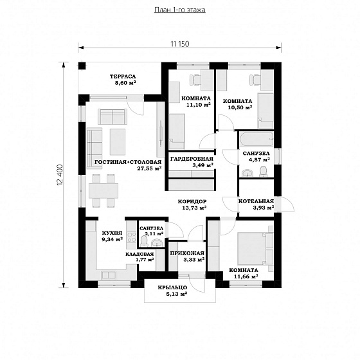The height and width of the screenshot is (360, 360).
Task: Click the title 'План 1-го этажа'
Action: pyautogui.click(x=180, y=10)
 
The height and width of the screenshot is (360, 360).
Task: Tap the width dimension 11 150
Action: pyautogui.click(x=180, y=44)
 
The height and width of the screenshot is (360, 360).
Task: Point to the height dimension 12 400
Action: pyautogui.click(x=60, y=174)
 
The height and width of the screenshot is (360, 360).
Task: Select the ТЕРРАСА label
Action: pyautogui.click(x=123, y=76)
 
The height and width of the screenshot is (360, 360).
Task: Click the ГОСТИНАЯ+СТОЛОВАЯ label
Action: pyautogui.click(x=128, y=162)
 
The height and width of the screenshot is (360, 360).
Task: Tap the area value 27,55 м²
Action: pyautogui.click(x=149, y=168)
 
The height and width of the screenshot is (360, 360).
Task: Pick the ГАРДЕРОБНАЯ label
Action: pyautogui.click(x=192, y=159)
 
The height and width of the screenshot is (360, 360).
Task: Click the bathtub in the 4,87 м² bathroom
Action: pyautogui.click(x=256, y=139)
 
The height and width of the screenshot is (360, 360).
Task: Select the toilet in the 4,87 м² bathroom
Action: pyautogui.click(x=263, y=171)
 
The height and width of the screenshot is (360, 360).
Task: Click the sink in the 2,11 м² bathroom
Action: pyautogui.click(x=157, y=243)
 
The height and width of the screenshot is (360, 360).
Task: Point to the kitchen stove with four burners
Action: pyautogui.click(x=132, y=237)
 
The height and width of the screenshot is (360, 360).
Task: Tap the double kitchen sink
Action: pyautogui.click(x=109, y=275)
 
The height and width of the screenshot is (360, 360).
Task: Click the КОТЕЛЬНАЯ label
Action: pyautogui.click(x=256, y=201)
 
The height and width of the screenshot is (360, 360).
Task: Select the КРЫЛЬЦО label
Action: pyautogui.click(x=172, y=287)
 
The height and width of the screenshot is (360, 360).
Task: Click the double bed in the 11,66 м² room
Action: pyautogui.click(x=255, y=249)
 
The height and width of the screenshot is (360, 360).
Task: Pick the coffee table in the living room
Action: pyautogui.click(x=118, y=141)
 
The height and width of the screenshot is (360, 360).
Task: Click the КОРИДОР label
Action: pyautogui.click(x=192, y=201)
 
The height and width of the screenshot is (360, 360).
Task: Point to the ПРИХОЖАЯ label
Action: pyautogui.click(x=187, y=253)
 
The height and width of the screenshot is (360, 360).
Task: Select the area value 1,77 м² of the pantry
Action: pyautogui.click(x=145, y=260)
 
